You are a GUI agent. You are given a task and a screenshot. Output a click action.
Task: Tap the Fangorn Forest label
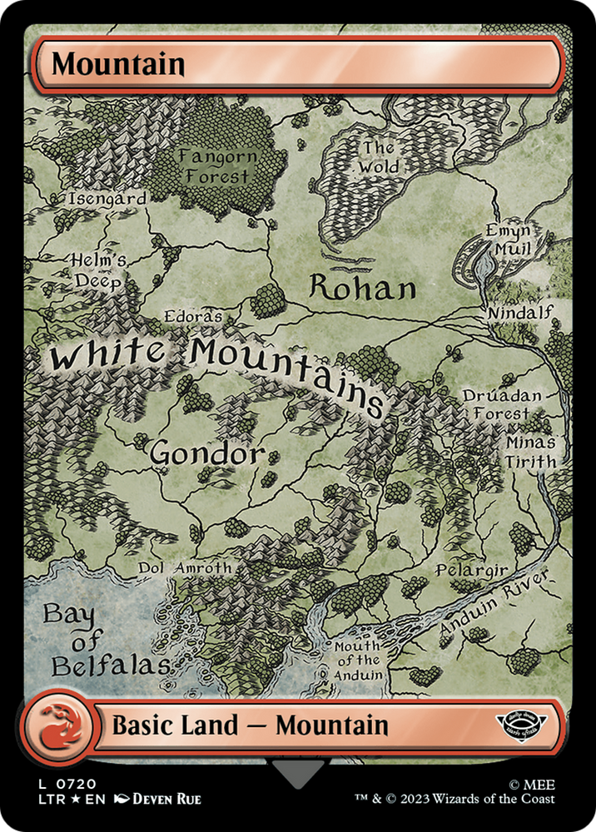pos(215,166)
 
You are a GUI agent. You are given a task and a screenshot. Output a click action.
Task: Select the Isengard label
pos(107,200)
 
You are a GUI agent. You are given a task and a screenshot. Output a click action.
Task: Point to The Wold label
pos(379,158)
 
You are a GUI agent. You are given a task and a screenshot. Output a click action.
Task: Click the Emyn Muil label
pos(509,239)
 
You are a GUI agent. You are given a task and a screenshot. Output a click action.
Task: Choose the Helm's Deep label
pos(97,270)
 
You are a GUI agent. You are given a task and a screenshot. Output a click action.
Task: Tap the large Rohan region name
pos(361,289)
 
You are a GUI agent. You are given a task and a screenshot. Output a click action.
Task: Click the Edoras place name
pos(193,318)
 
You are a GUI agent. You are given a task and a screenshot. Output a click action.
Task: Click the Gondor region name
pos(206,454)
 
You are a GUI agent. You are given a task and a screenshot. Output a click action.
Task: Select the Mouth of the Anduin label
pos(358,660)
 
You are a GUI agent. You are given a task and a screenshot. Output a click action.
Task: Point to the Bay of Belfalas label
pos(98,641)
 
